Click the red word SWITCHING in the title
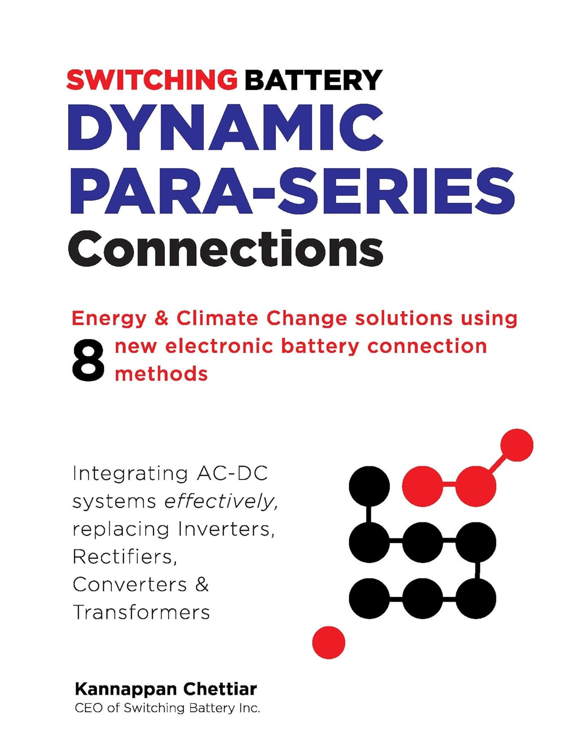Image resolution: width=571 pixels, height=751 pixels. coord(152,80)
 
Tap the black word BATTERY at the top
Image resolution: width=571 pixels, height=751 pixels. coord(314,80)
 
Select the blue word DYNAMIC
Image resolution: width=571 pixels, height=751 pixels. coord(226,126)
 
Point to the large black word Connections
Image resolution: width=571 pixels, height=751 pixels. coord(226,249)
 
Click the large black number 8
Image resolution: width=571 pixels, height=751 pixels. coord(88,360)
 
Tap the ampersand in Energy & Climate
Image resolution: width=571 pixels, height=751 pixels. coord(161,319)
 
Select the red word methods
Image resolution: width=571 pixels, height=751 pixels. coord(161,374)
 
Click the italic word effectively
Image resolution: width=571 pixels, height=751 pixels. coord(221,501)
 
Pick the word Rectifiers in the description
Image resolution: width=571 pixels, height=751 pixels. coord(125,557)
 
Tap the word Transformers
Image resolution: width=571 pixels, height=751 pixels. coord(141,612)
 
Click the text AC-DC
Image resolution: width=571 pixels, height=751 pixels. coord(232,473)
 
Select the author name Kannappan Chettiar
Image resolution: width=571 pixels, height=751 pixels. coord(166,689)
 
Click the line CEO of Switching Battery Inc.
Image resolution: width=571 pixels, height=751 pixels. coord(167,708)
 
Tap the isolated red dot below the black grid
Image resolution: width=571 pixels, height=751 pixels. coord(329,642)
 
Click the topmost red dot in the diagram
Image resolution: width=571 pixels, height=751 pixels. coord(516,445)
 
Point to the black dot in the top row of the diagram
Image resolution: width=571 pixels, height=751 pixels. coord(369,486)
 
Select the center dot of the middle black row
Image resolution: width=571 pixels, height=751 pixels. coord(422,542)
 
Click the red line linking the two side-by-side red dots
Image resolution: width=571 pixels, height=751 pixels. coord(449,485)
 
